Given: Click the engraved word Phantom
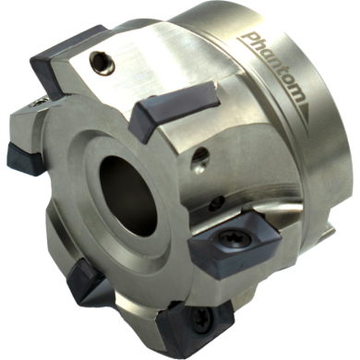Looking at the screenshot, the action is [x=275, y=67].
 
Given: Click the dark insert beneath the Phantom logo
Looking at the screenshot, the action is [x=173, y=107].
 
